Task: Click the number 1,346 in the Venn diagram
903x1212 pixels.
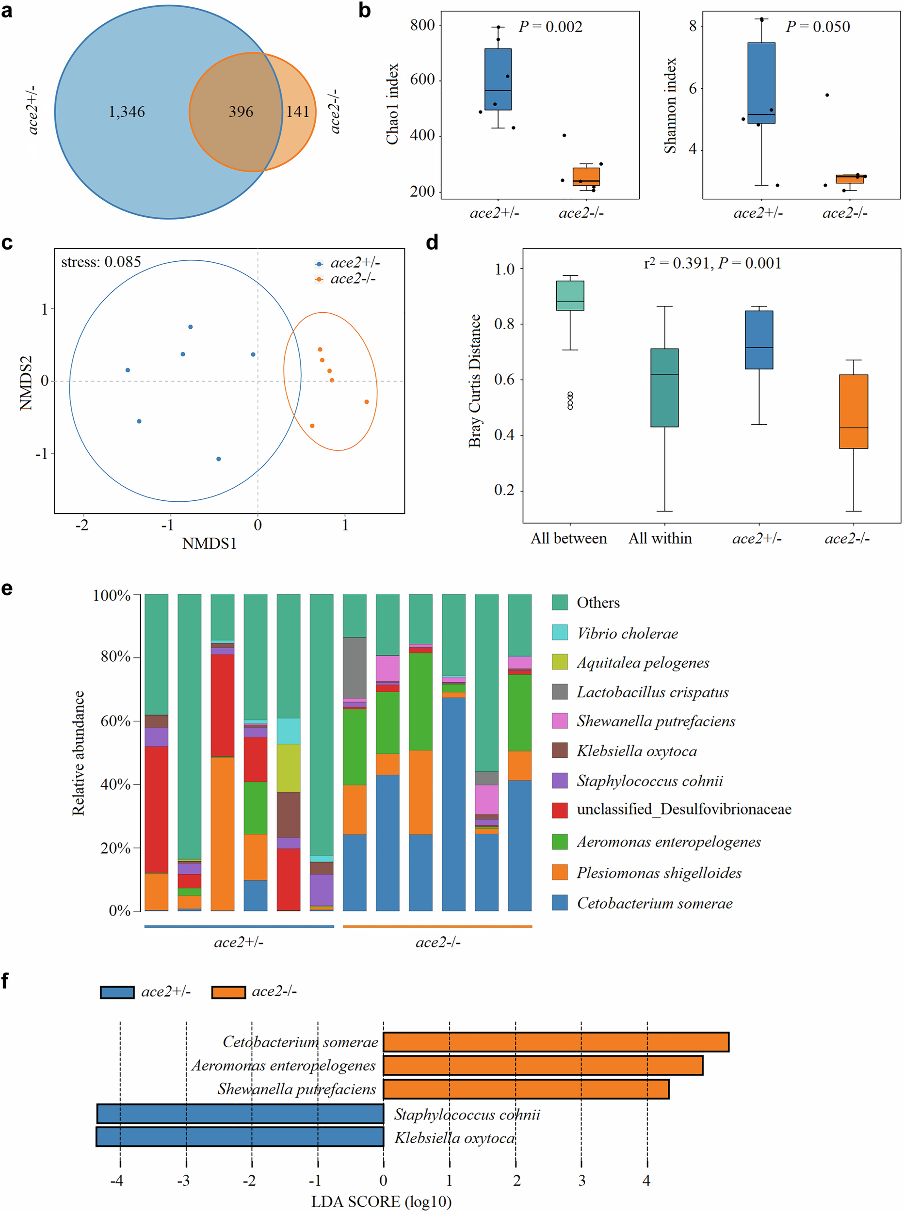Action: click(126, 112)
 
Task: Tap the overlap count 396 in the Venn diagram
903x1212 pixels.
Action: click(241, 112)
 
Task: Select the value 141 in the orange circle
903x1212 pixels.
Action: click(298, 112)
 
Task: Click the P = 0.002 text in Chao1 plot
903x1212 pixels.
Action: click(550, 26)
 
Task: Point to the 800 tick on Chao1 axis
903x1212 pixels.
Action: click(422, 25)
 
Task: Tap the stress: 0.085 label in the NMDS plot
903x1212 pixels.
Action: click(101, 262)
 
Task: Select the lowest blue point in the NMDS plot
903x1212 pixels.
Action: click(219, 459)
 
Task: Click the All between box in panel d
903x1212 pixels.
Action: click(570, 295)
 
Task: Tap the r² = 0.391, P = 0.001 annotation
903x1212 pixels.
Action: click(712, 263)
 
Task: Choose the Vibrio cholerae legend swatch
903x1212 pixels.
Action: click(560, 632)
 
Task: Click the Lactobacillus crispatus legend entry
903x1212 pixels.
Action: click(652, 692)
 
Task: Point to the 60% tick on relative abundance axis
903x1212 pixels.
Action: click(115, 721)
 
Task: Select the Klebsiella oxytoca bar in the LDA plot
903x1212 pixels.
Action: click(240, 1136)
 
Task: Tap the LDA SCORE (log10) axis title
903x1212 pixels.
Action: click(381, 1201)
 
